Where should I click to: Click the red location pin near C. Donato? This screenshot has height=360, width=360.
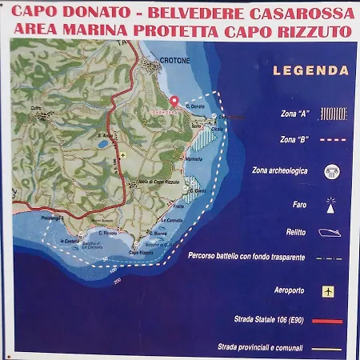(174, 102)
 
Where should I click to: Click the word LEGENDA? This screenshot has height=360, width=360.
(311, 70)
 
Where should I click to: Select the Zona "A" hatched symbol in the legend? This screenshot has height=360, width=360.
(333, 114)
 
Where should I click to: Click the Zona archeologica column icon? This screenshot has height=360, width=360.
(331, 171)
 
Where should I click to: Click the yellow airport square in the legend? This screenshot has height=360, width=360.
(328, 291)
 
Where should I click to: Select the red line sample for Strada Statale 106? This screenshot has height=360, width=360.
(328, 321)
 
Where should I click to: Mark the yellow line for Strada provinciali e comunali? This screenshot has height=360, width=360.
(328, 348)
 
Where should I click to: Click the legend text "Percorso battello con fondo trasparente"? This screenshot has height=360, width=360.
(246, 258)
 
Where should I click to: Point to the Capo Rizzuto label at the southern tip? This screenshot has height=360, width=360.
(142, 252)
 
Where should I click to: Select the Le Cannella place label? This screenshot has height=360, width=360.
(174, 220)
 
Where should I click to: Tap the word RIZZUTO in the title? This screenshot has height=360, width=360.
(315, 32)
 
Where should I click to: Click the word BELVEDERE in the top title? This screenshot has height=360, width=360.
(209, 14)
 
